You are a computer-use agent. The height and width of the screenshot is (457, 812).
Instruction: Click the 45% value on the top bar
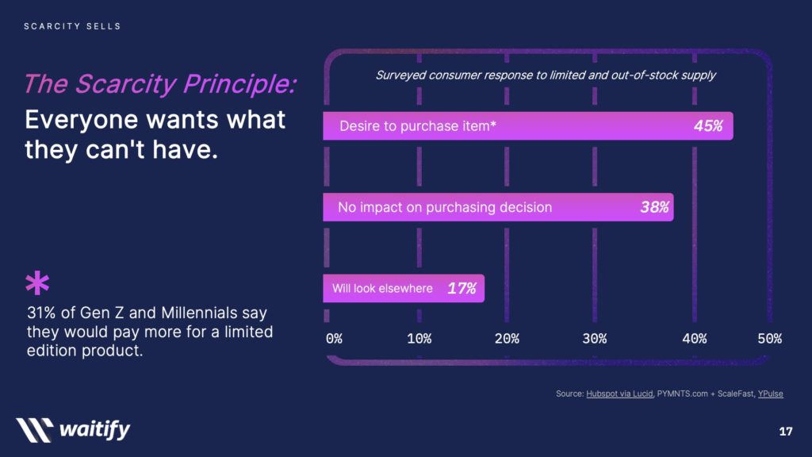(x=708, y=126)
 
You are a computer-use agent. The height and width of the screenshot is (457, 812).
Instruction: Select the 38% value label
(x=654, y=207)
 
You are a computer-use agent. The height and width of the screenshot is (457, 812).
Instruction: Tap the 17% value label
(x=462, y=288)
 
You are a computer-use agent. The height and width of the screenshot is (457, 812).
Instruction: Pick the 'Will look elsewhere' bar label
(x=382, y=288)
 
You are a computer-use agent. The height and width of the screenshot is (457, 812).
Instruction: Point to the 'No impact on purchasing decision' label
(x=445, y=207)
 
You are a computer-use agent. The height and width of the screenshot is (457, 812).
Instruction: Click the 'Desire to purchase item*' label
(x=417, y=126)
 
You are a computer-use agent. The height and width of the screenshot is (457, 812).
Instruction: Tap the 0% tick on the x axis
(x=334, y=339)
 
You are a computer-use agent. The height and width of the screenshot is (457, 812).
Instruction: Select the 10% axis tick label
(x=419, y=339)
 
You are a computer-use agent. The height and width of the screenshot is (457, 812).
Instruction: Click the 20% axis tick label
(x=507, y=339)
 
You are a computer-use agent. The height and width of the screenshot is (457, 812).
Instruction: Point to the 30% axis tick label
(x=595, y=339)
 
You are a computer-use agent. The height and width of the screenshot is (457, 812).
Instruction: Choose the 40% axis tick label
(x=695, y=339)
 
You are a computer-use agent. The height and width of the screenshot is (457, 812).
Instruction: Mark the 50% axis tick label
(x=769, y=339)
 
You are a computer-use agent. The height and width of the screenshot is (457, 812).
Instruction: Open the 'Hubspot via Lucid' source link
(x=619, y=394)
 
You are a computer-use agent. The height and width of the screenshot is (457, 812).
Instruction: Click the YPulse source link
(x=771, y=394)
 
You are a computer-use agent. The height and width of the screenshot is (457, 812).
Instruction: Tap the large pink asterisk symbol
(x=37, y=283)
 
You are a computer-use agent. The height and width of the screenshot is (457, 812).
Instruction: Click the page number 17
(x=786, y=431)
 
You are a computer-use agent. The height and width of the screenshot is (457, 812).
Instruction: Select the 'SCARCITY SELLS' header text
(x=72, y=26)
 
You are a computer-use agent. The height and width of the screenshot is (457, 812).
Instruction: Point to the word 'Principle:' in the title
(x=239, y=84)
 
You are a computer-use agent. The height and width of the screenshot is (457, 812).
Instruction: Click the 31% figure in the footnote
(x=41, y=313)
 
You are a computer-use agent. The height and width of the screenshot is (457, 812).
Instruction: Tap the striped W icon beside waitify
(x=35, y=430)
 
